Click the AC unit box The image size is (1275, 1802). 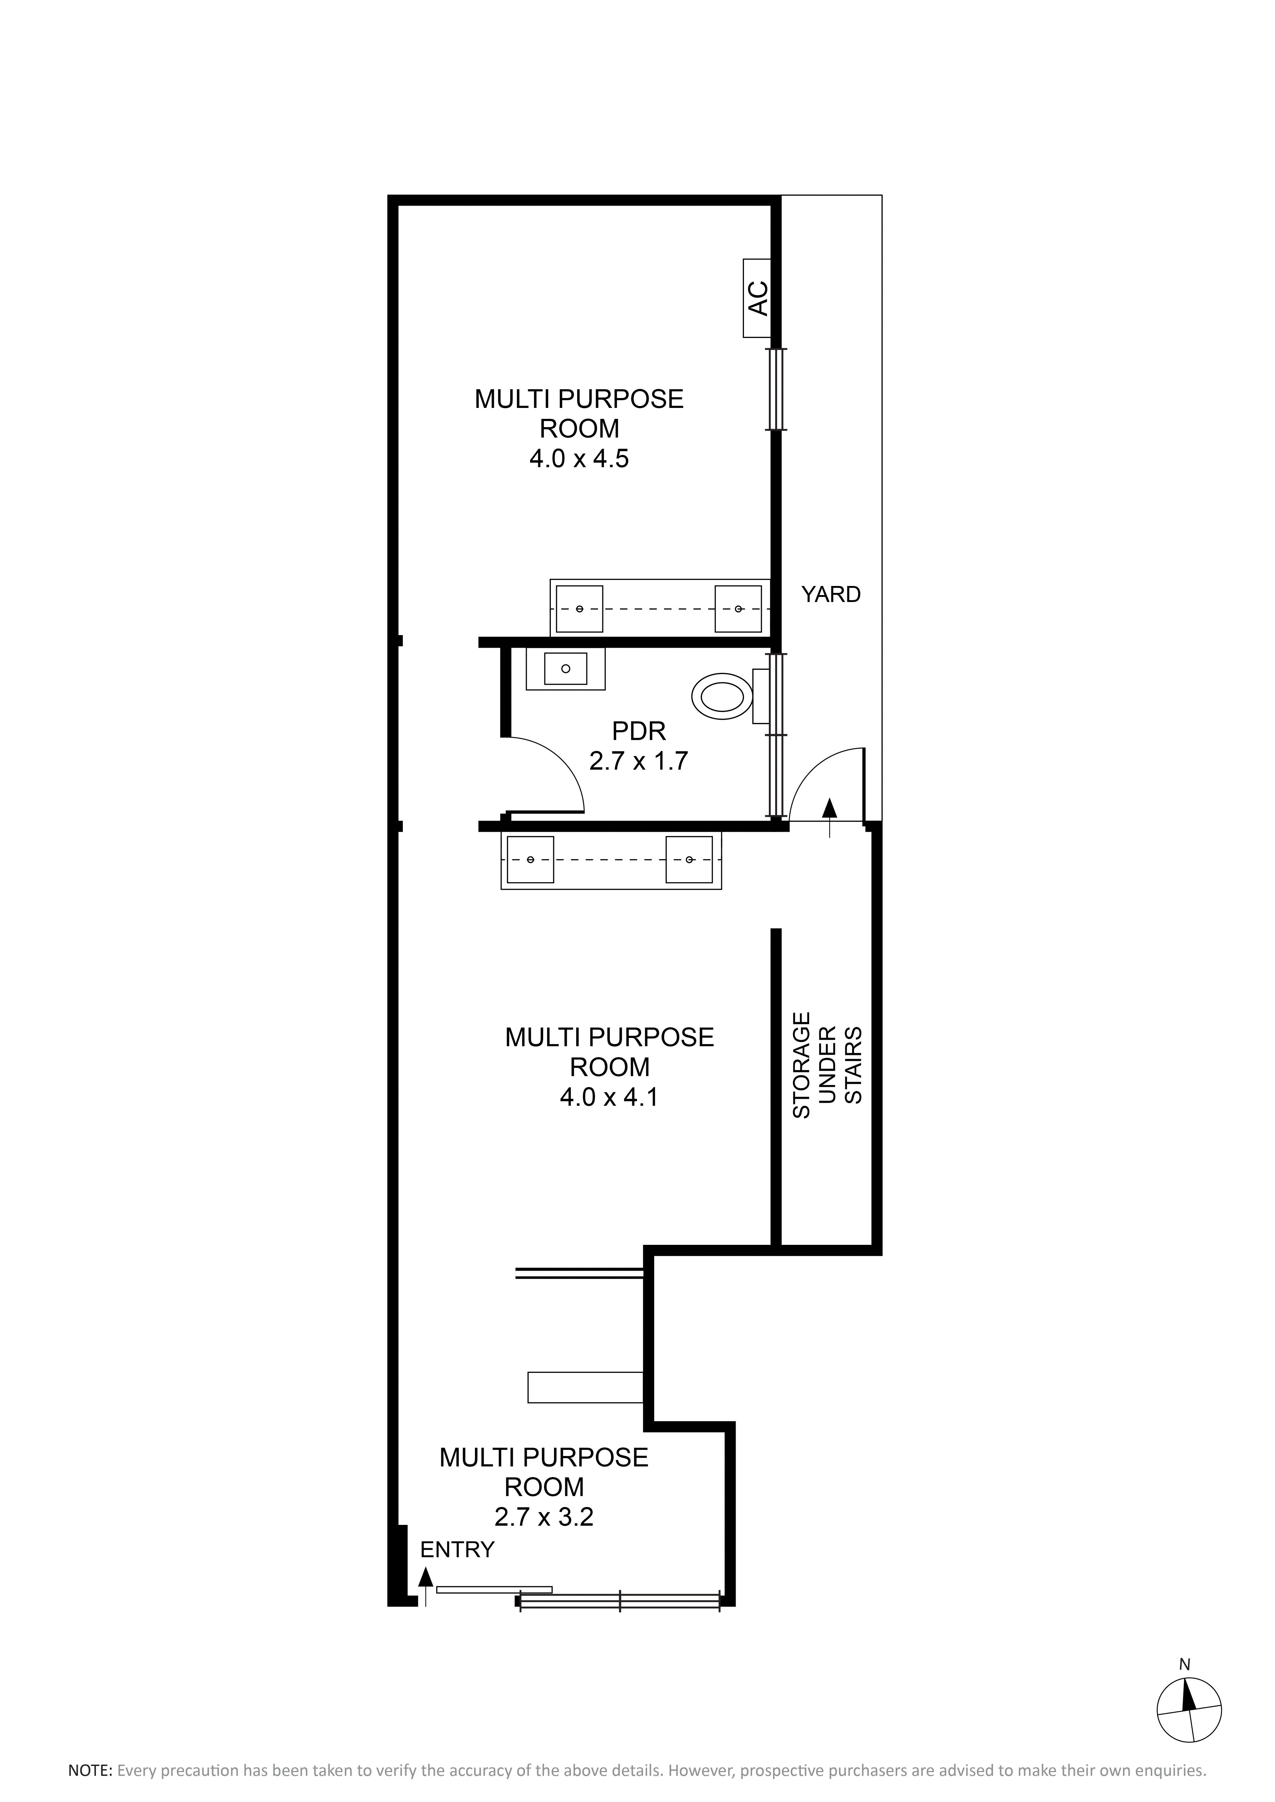756,298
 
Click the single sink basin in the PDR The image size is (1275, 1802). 565,669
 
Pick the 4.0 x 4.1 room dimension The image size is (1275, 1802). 609,1096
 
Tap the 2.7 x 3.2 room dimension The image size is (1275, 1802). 544,1517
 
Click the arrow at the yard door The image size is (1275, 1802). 829,818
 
